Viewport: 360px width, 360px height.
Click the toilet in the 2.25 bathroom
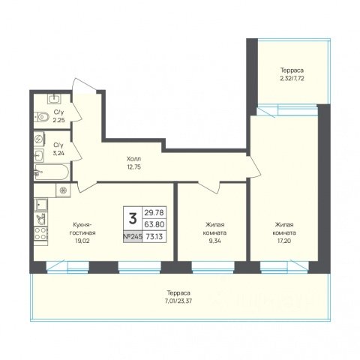point(42,116)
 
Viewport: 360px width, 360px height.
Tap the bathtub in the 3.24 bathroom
point(52,172)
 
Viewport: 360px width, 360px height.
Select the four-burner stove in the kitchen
point(40,233)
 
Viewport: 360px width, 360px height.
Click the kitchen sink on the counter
point(40,205)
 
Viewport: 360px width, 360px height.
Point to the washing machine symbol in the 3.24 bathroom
point(39,139)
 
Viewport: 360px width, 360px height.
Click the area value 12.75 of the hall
point(133,167)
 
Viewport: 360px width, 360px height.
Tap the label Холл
point(133,159)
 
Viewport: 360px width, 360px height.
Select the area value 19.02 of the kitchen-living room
point(82,241)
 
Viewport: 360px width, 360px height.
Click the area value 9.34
point(215,241)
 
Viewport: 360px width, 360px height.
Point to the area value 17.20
point(284,241)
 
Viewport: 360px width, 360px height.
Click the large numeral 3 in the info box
point(133,218)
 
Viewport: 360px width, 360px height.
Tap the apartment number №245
point(133,236)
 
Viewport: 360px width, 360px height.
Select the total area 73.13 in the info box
point(154,236)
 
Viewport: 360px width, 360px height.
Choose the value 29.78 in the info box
point(154,212)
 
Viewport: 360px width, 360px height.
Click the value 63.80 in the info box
point(154,224)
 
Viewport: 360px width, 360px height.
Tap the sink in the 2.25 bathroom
point(54,99)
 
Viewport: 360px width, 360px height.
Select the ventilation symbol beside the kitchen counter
point(63,190)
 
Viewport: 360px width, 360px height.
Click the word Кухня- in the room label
point(82,224)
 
